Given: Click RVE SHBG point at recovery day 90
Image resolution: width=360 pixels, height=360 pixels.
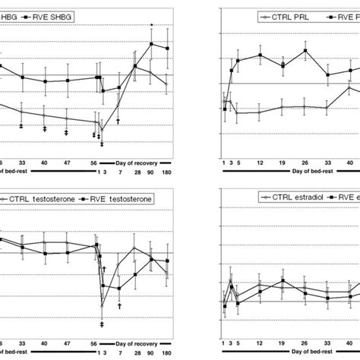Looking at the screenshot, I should click(151, 44).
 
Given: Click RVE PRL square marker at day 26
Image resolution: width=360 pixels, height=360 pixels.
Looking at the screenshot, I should click(305, 51).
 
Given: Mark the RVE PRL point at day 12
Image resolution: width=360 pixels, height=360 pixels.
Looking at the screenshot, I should click(260, 55).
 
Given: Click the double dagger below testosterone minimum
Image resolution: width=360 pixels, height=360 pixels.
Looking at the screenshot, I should click(102, 324).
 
